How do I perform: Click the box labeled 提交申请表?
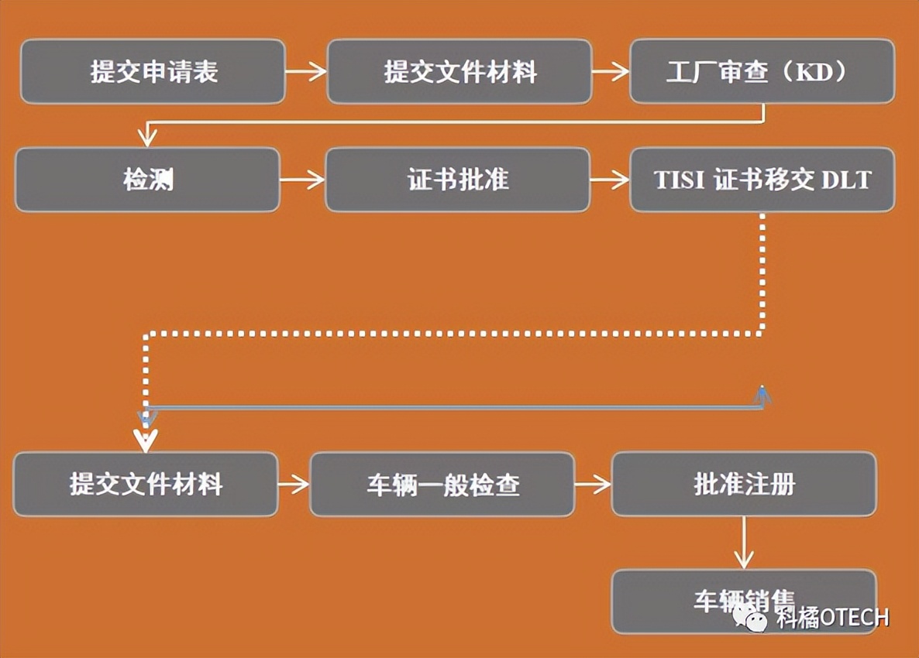coord(153,72)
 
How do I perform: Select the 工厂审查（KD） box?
coord(762,72)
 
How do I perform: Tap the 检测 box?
coord(147,180)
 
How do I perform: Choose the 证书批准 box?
coord(457,180)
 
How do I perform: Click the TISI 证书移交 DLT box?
coord(762,180)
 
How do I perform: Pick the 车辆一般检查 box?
coord(442,485)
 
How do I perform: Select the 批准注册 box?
coord(744,485)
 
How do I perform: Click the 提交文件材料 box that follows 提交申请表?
coord(459,72)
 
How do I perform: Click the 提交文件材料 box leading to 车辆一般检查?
coord(146,485)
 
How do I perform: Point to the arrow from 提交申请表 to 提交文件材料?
coord(306,72)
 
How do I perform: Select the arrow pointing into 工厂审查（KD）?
coord(611,72)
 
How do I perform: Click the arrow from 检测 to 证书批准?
coord(302,180)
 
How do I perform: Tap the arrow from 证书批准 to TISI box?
coord(610,180)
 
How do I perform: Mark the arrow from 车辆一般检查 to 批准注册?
coord(593,485)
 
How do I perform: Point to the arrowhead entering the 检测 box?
coord(146,138)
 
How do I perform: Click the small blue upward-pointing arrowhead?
coord(763,394)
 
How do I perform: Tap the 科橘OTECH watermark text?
coord(833,617)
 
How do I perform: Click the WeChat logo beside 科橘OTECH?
coord(750,617)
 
